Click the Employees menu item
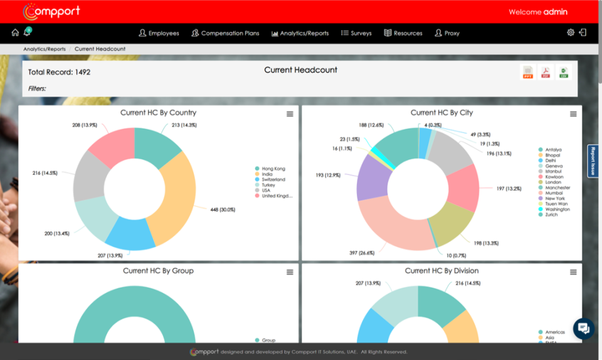pos(159,33)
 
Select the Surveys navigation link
pos(356,33)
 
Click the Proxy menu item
pos(447,33)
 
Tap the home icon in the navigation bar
pos(15,33)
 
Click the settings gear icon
pos(571,33)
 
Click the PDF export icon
pos(546,73)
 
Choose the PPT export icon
pos(528,73)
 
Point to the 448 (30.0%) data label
pos(223,209)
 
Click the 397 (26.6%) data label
pos(362,253)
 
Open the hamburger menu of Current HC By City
pos(573,114)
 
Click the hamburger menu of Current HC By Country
pos(290,114)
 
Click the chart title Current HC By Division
pos(441,271)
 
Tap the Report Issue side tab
pos(593,161)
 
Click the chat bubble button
pos(583,328)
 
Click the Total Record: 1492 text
pos(59,72)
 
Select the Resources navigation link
pos(403,33)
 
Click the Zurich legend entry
pos(552,215)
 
